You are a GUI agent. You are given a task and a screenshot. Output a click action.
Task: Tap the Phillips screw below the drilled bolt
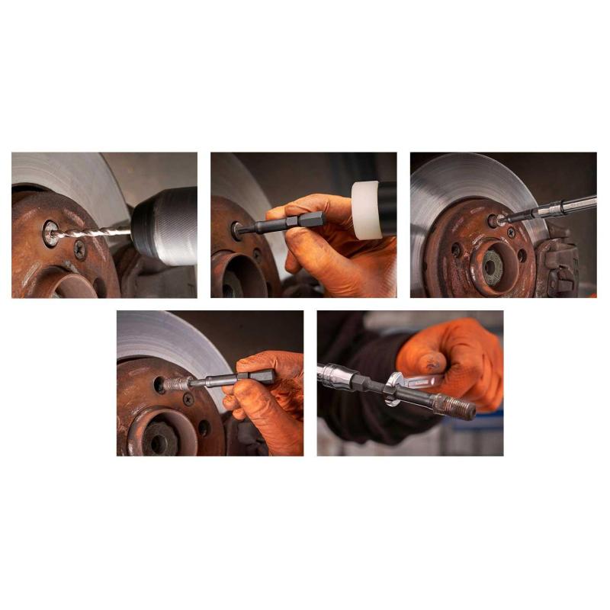coord(80,249)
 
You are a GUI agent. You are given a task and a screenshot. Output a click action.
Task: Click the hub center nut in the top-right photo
coord(493,265)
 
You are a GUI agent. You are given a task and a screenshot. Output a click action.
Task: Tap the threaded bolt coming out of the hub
coord(178,384)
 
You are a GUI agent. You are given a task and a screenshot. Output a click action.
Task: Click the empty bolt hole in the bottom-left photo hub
coord(159,385)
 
